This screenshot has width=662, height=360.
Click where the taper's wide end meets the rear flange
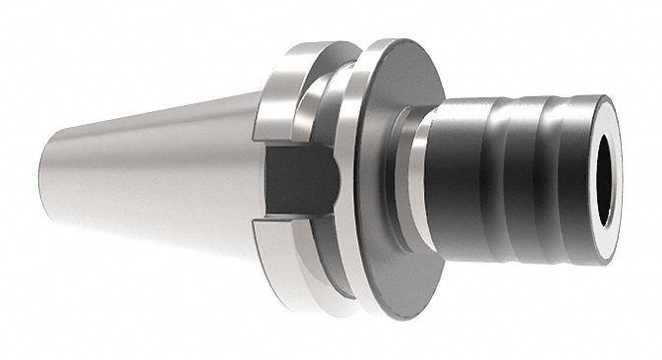click(x=258, y=128)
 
